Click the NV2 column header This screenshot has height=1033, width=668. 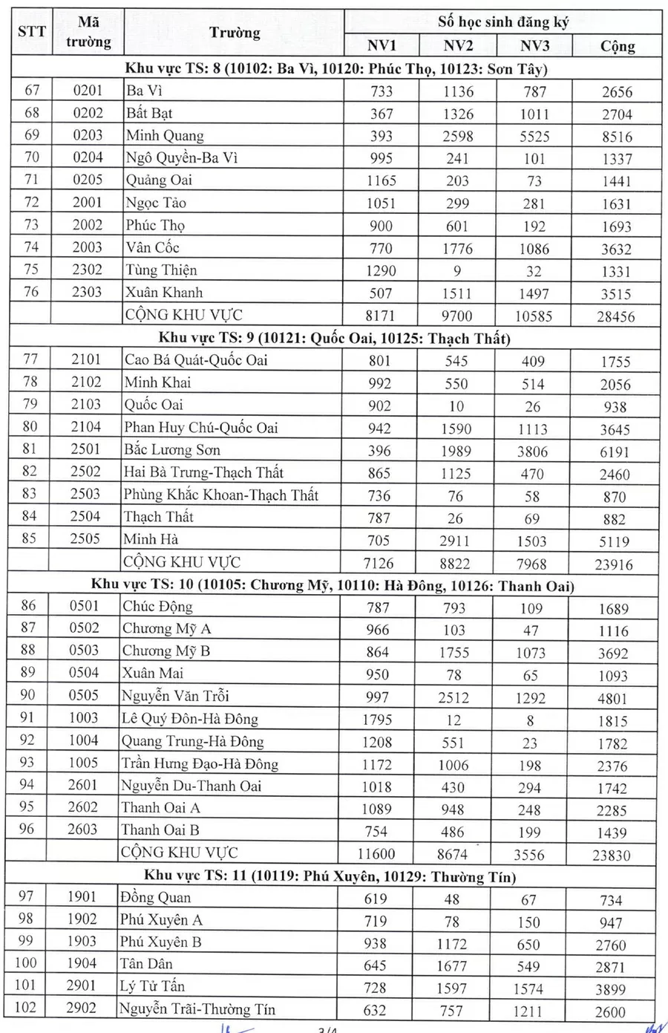458,46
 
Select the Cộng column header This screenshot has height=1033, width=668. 617,46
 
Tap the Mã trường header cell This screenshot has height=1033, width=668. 88,33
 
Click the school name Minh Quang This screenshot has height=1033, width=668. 165,136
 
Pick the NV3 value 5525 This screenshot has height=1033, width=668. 534,137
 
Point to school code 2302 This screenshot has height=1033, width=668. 88,270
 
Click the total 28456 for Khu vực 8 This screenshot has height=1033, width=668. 616,316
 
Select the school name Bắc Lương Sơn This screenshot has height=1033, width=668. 172,450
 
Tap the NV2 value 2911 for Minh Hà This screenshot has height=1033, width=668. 454,541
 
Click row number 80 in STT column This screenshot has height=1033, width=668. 30,427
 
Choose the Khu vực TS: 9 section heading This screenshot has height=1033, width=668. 335,339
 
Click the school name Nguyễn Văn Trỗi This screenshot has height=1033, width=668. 175,696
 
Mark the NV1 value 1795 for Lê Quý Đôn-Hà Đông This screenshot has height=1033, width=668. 378,720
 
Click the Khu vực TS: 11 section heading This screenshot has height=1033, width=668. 330,876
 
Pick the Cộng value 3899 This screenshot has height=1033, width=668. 610,989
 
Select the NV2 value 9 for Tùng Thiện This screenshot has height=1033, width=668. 457,271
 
